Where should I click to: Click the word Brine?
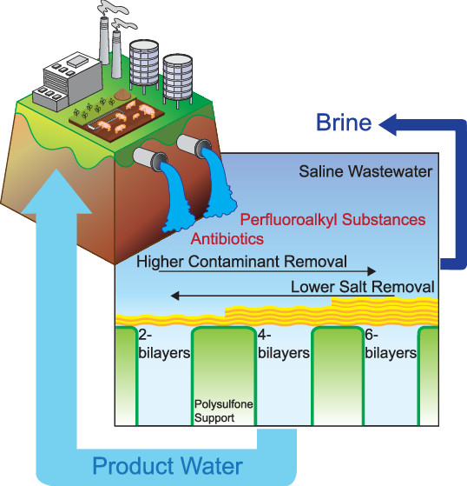[344, 122]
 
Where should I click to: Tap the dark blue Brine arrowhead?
[388, 125]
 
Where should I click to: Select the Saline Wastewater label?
[365, 171]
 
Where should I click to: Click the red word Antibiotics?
[227, 239]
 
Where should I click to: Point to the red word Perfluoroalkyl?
[289, 220]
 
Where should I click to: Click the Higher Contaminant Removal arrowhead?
[372, 271]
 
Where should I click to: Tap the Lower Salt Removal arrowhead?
[175, 296]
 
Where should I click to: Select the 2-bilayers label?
[164, 344]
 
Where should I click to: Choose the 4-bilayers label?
[284, 344]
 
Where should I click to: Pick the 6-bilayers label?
[391, 344]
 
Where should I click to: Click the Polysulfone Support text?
[223, 411]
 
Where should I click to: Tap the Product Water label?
[168, 466]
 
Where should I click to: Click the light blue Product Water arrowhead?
[57, 191]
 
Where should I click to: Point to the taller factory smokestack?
[104, 40]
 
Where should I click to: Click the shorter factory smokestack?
[116, 54]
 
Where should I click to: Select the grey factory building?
[68, 82]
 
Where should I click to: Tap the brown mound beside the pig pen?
[123, 94]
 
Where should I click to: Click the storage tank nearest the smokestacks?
[144, 66]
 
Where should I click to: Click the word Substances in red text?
[384, 220]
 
